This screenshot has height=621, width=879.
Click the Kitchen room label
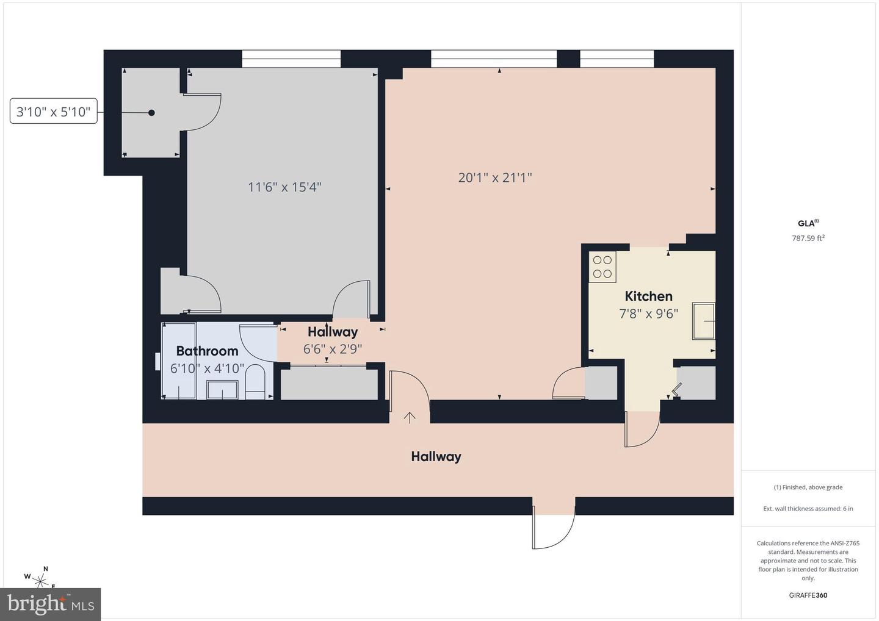point(648,296)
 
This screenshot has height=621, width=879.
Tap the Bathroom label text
point(207,351)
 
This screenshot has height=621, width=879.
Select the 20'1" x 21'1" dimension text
point(495,178)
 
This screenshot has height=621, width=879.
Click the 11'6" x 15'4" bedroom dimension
point(284,187)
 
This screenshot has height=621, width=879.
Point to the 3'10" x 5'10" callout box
point(54,112)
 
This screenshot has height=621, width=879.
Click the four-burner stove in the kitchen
point(602,267)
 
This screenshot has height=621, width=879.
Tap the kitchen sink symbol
point(703,321)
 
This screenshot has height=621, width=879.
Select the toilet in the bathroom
point(255,382)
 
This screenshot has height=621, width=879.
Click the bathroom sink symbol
point(222,389)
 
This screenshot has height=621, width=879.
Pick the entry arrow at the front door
point(410,417)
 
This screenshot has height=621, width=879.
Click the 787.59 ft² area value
point(808,239)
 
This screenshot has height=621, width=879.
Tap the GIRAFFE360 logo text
point(808,595)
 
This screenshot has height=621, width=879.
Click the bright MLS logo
point(51,605)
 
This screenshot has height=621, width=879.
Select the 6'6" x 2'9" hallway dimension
point(333,349)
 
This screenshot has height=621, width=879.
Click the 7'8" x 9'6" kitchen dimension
point(648,314)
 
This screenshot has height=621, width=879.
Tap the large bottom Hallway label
point(436,456)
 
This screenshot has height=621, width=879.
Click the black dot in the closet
point(151,113)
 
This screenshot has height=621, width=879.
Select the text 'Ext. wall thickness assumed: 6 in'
point(808,509)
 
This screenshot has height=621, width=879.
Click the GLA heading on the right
point(807,223)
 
